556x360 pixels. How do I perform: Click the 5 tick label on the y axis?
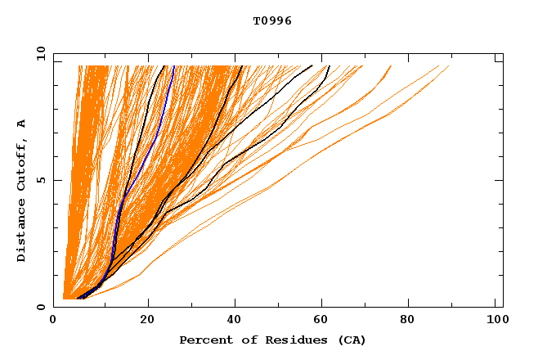[40, 180]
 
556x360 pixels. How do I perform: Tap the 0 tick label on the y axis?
[40, 307]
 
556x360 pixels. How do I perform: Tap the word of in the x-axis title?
[246, 340]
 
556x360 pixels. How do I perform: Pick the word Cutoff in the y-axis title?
[22, 164]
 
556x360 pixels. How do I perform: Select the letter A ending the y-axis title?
[22, 124]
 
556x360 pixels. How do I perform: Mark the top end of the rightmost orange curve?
[449, 66]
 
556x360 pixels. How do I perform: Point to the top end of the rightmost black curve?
[329, 66]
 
